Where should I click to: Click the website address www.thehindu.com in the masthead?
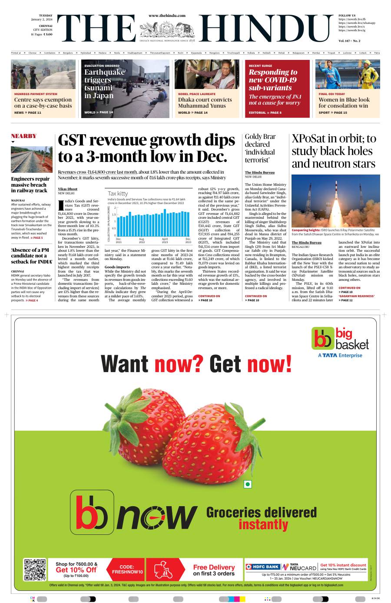click(x=167, y=16)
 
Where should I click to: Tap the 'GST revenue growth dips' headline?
click(x=146, y=148)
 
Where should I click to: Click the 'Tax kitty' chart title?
click(x=118, y=193)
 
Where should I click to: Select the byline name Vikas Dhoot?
click(x=67, y=189)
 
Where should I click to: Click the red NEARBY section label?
click(x=23, y=136)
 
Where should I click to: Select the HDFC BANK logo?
click(x=263, y=567)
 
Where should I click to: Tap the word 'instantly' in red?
click(x=263, y=524)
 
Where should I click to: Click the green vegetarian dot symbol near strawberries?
click(x=248, y=484)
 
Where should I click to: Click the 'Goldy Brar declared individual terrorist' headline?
click(x=260, y=148)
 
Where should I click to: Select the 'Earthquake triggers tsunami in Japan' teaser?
click(x=104, y=84)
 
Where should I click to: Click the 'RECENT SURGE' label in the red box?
click(x=260, y=66)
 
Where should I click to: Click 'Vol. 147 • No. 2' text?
click(x=349, y=41)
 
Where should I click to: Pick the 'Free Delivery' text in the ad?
click(x=214, y=567)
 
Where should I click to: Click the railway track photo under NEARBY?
click(x=32, y=159)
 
